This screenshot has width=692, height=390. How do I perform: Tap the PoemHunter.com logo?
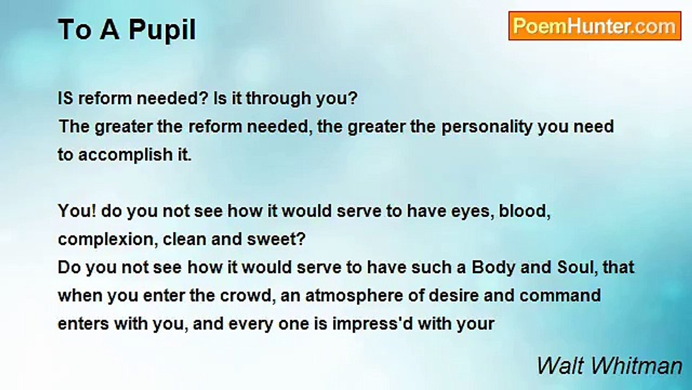(594, 26)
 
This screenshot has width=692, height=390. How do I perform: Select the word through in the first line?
(283, 99)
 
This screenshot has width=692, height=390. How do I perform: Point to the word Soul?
(574, 268)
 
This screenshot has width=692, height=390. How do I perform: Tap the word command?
(560, 296)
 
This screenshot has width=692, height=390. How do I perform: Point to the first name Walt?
(561, 366)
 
